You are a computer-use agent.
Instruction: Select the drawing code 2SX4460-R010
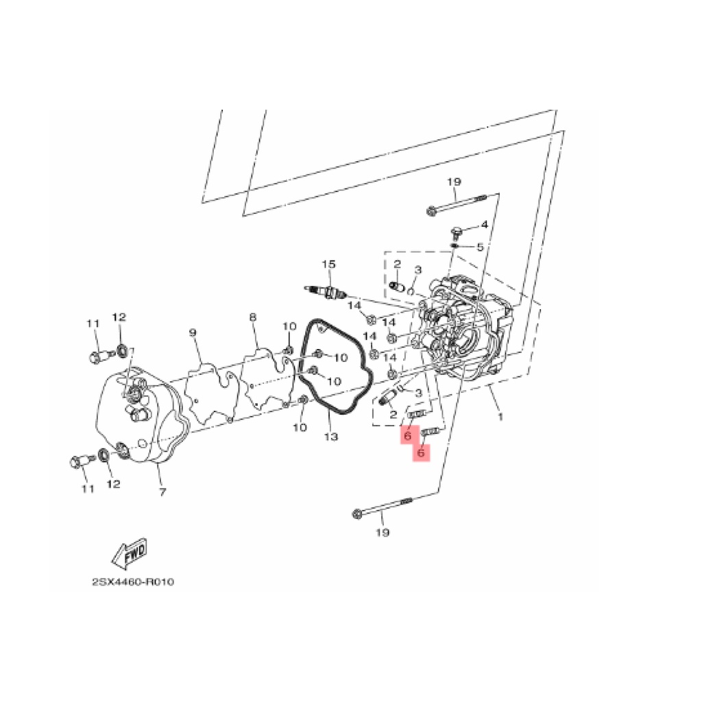pyautogui.click(x=133, y=582)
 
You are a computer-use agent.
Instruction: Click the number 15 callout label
pyautogui.click(x=328, y=264)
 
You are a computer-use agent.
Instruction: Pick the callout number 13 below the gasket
pyautogui.click(x=331, y=436)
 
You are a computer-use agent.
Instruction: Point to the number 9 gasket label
pyautogui.click(x=193, y=332)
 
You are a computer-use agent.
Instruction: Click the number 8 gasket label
pyautogui.click(x=252, y=317)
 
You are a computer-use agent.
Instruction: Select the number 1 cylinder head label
pyautogui.click(x=500, y=417)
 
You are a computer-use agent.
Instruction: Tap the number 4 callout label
pyautogui.click(x=485, y=225)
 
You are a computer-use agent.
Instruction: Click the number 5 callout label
pyautogui.click(x=480, y=247)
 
